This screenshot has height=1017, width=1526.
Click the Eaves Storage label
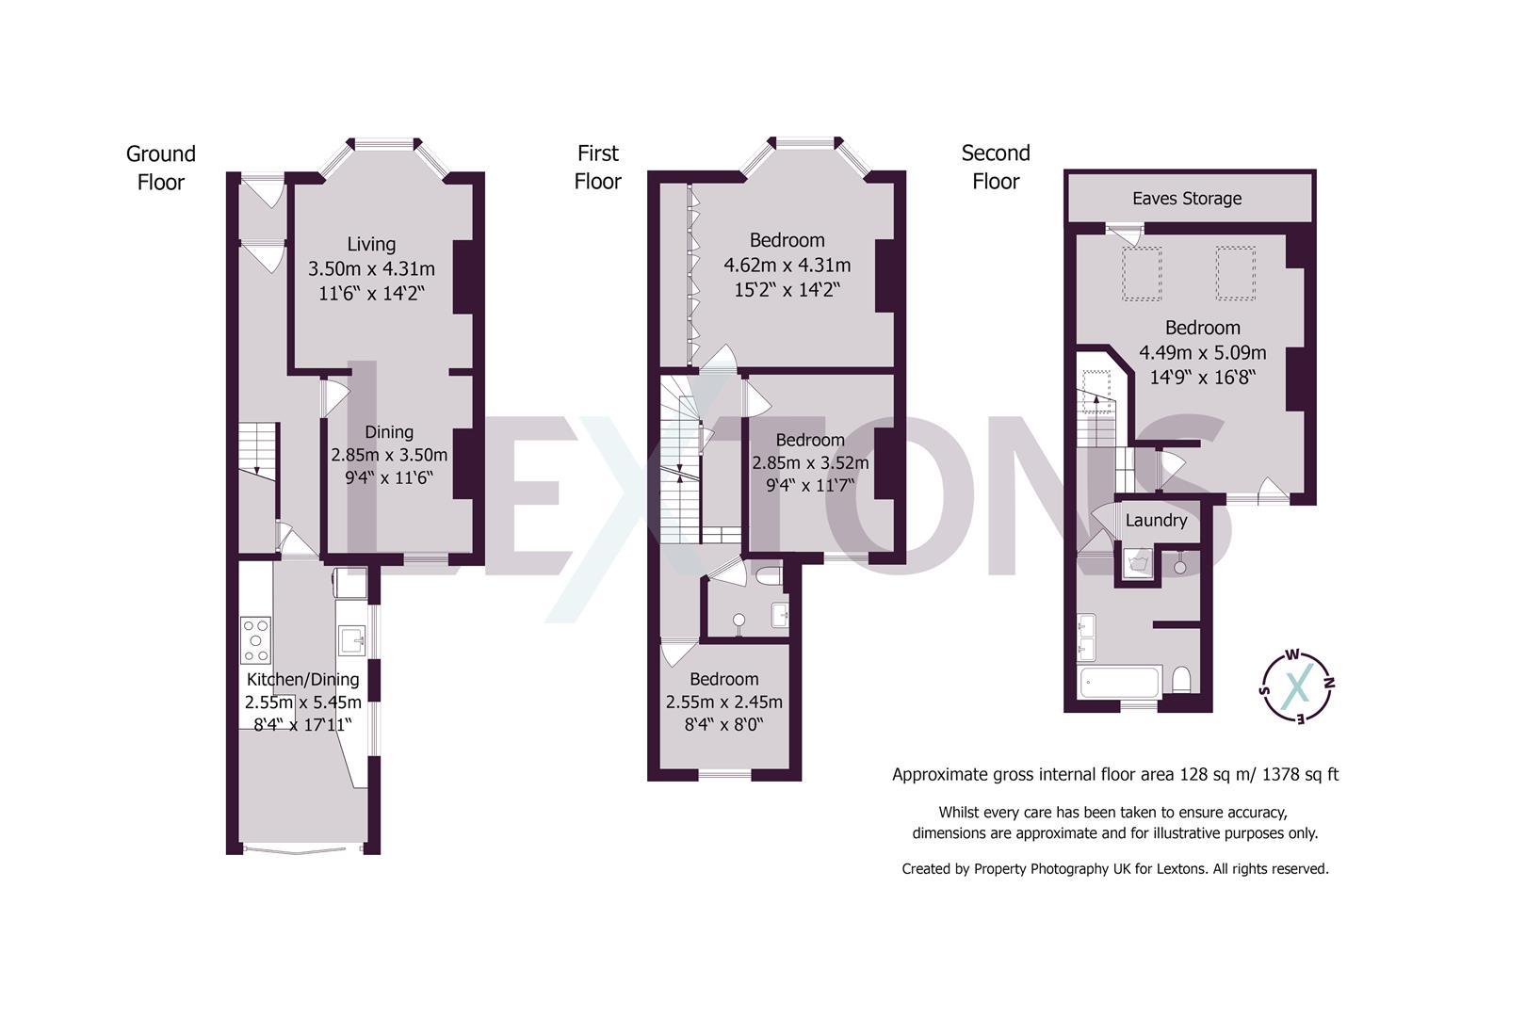click(1187, 199)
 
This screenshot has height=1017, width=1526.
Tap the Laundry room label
click(1156, 521)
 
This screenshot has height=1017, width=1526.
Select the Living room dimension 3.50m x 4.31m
click(371, 269)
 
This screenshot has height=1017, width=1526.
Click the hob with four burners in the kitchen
click(255, 639)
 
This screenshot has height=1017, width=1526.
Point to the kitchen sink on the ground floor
click(351, 640)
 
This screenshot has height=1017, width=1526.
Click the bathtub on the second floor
click(1119, 683)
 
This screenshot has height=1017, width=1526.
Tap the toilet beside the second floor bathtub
click(1181, 681)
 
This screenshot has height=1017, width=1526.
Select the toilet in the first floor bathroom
click(769, 575)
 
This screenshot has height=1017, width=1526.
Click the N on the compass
click(1328, 683)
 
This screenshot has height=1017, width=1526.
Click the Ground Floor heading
click(161, 169)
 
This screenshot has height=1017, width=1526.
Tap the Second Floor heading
click(996, 167)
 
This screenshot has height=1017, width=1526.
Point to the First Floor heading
click(597, 168)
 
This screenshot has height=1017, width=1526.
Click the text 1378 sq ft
click(1301, 774)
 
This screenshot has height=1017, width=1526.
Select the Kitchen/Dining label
click(302, 679)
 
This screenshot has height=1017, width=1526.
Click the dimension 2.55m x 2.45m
click(724, 702)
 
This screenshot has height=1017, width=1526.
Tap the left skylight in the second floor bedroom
click(1141, 273)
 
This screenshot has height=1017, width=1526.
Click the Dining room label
click(389, 432)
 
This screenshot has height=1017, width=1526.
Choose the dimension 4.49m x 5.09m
click(1202, 353)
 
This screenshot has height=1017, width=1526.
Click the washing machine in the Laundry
click(1138, 564)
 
